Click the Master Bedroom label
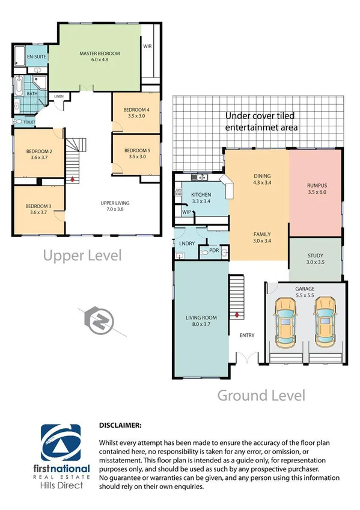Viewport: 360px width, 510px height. (100, 54)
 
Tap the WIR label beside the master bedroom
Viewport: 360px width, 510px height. (147, 46)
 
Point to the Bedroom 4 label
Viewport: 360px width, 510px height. (136, 109)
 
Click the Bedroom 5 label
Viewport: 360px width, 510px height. (136, 150)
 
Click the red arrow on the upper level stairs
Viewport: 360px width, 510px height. (73, 179)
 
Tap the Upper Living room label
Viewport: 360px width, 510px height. (115, 203)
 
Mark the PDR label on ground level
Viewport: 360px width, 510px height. (214, 250)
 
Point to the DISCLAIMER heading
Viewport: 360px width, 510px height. (120, 425)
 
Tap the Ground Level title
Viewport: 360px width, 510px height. (261, 395)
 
